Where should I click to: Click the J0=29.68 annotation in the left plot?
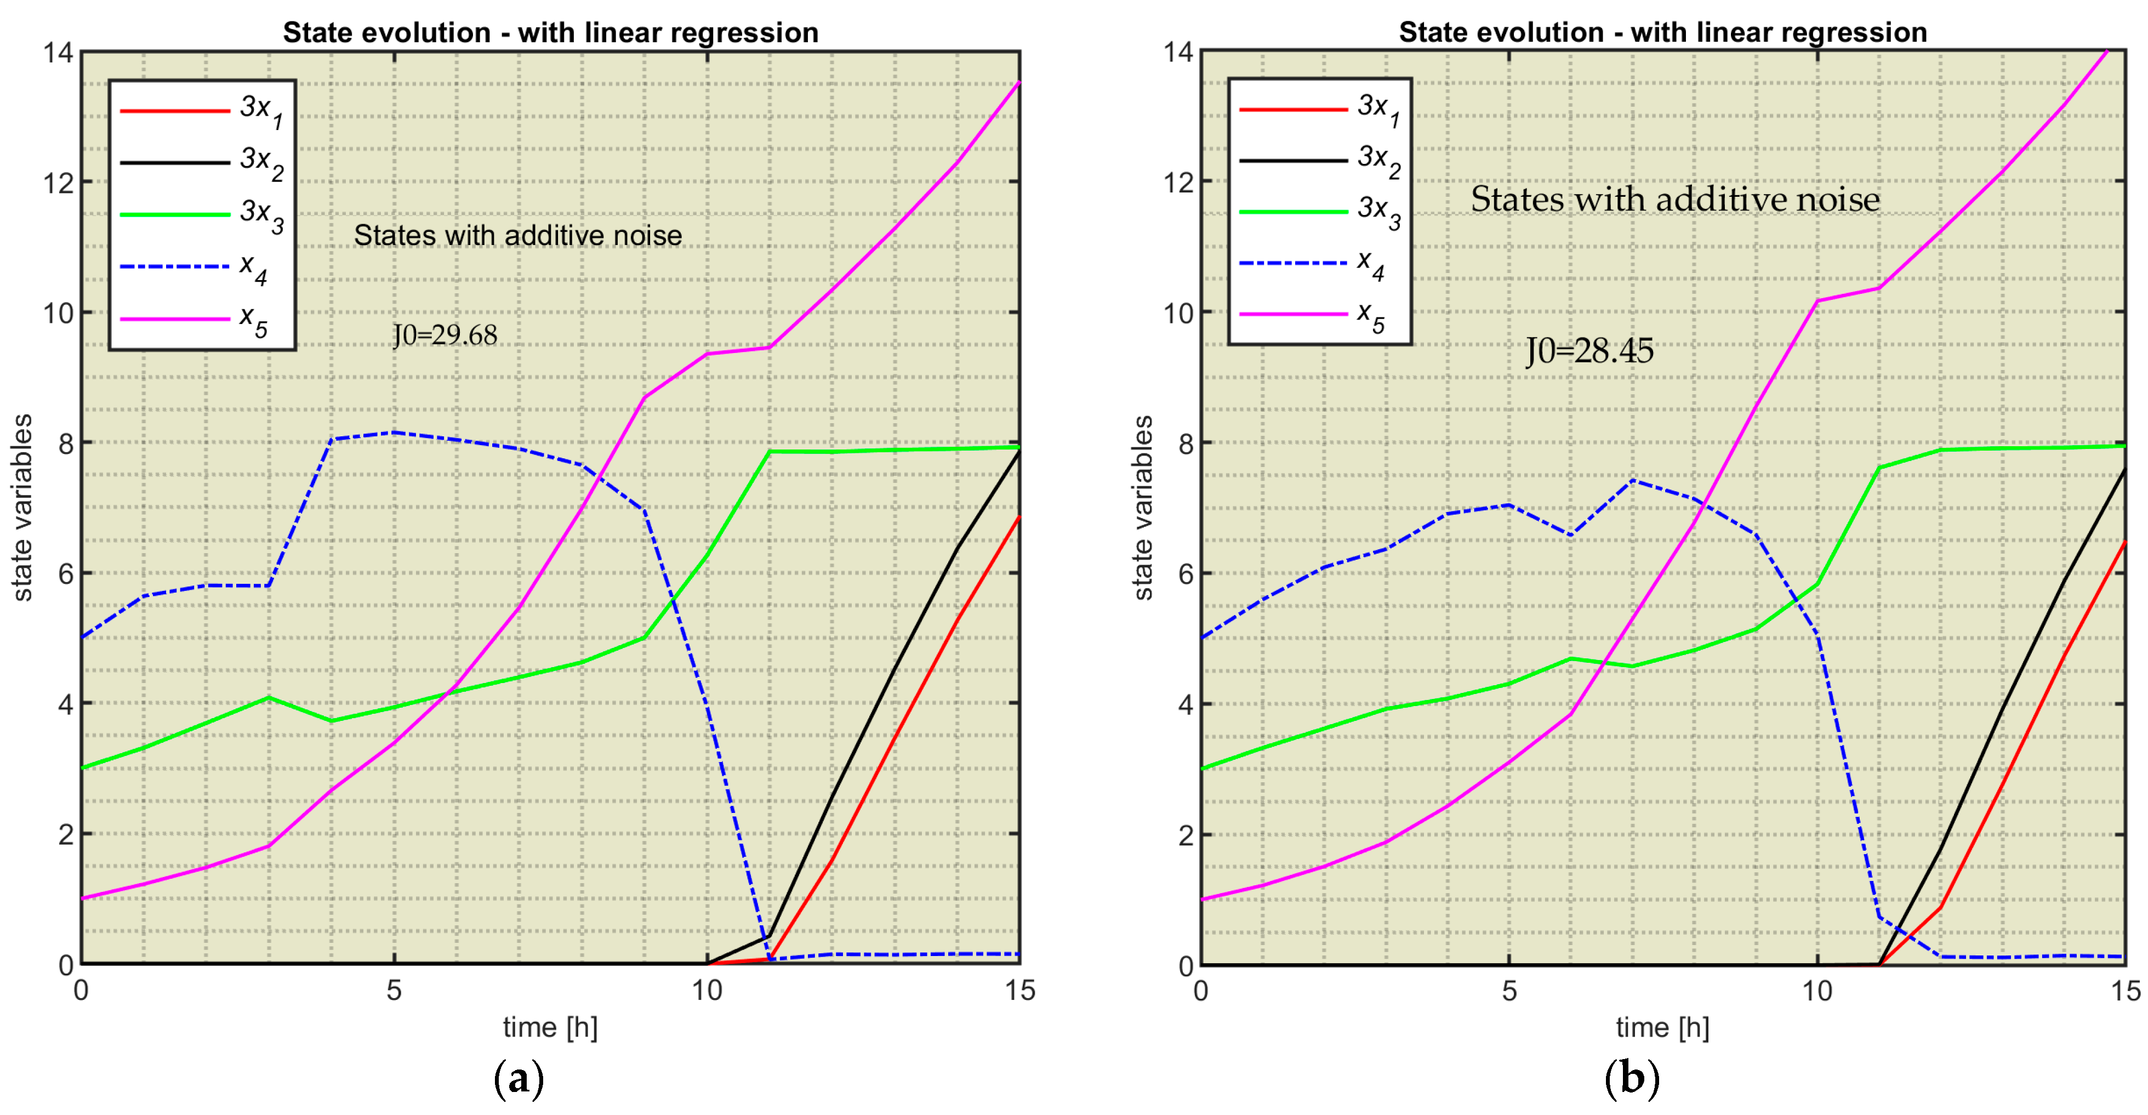click(x=445, y=335)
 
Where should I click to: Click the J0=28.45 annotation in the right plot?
click(x=1589, y=351)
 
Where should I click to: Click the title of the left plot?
click(x=550, y=32)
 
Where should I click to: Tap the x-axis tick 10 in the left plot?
click(x=706, y=991)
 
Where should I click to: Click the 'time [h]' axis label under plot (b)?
click(x=1662, y=1027)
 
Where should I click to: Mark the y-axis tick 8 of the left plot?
click(x=66, y=443)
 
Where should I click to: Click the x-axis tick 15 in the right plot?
click(x=2124, y=991)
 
